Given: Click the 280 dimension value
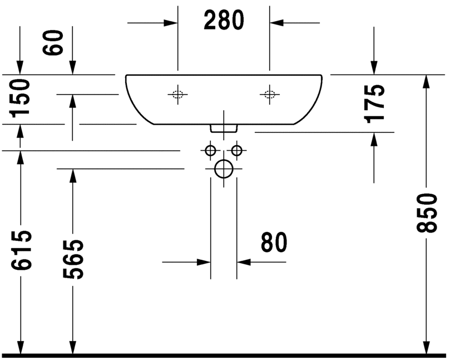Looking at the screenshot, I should point(224,21).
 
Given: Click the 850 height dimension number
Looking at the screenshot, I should point(427,213).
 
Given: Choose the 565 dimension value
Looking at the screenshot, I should point(73,259).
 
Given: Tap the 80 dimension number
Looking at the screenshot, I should point(274,243).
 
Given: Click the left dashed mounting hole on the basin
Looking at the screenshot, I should point(177,95).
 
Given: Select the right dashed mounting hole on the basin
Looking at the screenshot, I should point(270,95).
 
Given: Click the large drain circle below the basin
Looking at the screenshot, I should point(224,169).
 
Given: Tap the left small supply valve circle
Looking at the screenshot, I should point(210,150).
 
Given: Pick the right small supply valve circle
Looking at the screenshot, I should point(237,150).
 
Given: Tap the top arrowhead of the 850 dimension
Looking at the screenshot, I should point(427,81).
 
